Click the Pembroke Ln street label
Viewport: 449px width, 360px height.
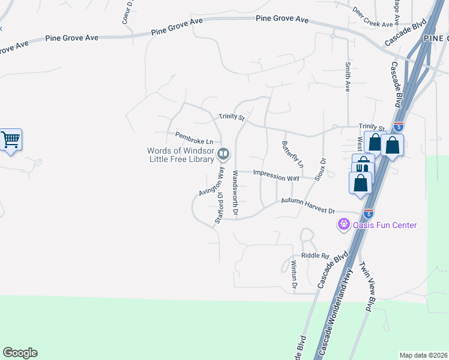click(194, 138)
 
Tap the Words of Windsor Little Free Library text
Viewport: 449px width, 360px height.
click(181, 155)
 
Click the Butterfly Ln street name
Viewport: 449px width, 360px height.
click(293, 154)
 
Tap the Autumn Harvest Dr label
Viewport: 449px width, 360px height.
click(308, 206)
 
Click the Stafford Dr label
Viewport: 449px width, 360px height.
click(219, 208)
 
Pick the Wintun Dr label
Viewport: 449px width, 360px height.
click(294, 276)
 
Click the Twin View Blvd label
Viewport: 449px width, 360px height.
click(366, 287)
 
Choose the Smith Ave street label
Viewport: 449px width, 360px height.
click(347, 77)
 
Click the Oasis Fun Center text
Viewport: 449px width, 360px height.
click(384, 226)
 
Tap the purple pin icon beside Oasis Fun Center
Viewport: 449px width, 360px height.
click(343, 225)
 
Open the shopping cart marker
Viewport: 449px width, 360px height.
click(11, 140)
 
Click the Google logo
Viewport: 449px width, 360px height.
click(20, 353)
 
